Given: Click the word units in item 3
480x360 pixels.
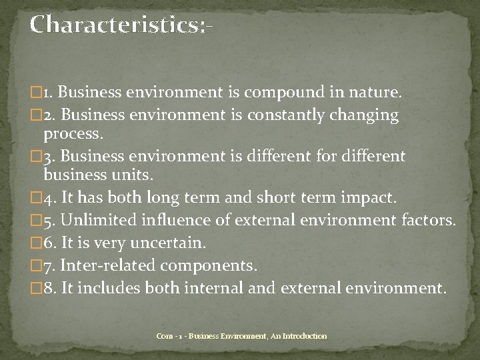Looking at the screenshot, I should coord(131,177).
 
